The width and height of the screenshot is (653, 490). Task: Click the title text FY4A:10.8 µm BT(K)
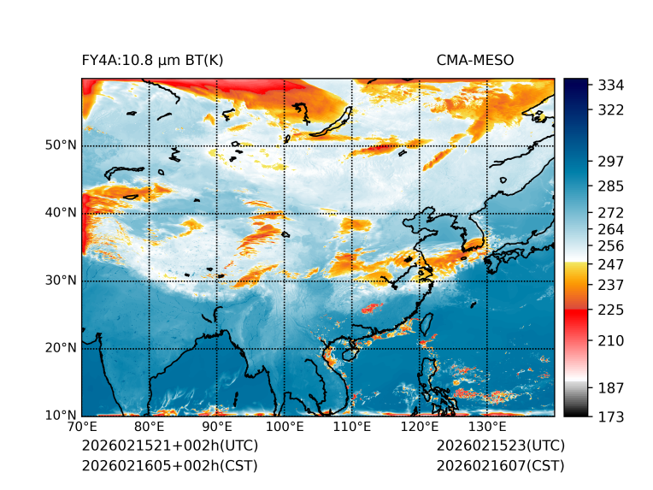(x=152, y=60)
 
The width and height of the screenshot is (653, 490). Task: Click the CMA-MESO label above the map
(x=474, y=60)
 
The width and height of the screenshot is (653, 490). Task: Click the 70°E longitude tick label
(x=82, y=427)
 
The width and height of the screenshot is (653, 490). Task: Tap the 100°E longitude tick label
(x=285, y=427)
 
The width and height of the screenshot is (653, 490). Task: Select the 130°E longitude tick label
(x=487, y=427)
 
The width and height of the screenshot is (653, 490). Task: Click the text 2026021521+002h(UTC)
(x=169, y=446)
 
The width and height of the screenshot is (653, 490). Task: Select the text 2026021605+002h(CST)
(x=169, y=465)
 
